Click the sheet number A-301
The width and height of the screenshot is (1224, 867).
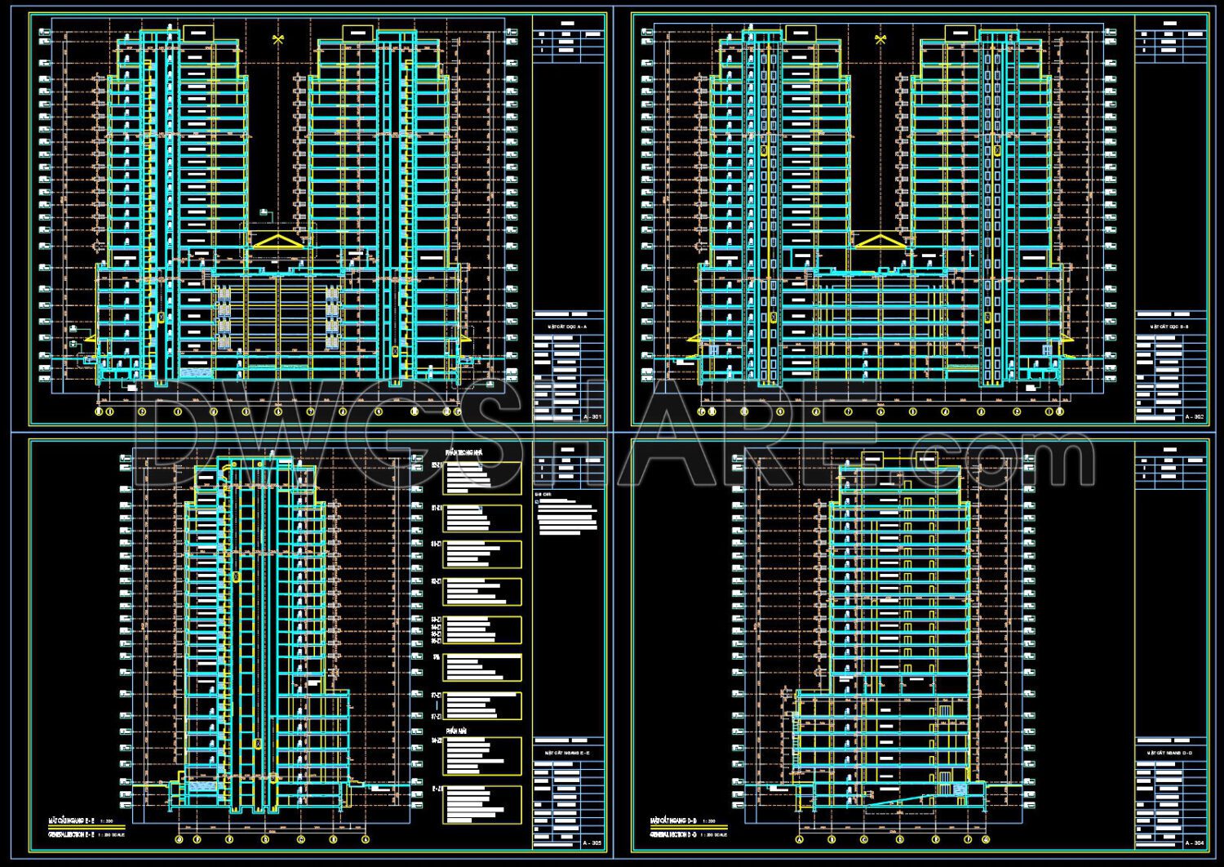pos(592,417)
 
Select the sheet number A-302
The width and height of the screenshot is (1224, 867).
pos(1194,417)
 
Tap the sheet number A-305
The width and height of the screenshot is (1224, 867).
pos(592,843)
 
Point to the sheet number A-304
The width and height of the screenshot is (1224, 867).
pos(1194,843)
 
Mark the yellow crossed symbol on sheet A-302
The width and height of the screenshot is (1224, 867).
pos(880,39)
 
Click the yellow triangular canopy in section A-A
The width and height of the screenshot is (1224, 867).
pos(277,241)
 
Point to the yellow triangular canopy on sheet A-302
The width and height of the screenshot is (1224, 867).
pos(880,241)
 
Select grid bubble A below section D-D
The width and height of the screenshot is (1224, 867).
pos(799,838)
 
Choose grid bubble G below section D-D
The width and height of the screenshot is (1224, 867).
pos(986,838)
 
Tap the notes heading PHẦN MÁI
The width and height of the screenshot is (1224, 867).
pos(455,731)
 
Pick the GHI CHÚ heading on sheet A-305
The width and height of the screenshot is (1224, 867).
pos(543,495)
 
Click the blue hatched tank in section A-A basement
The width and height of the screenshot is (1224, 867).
pos(195,372)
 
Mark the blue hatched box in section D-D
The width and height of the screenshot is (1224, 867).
pos(960,789)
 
